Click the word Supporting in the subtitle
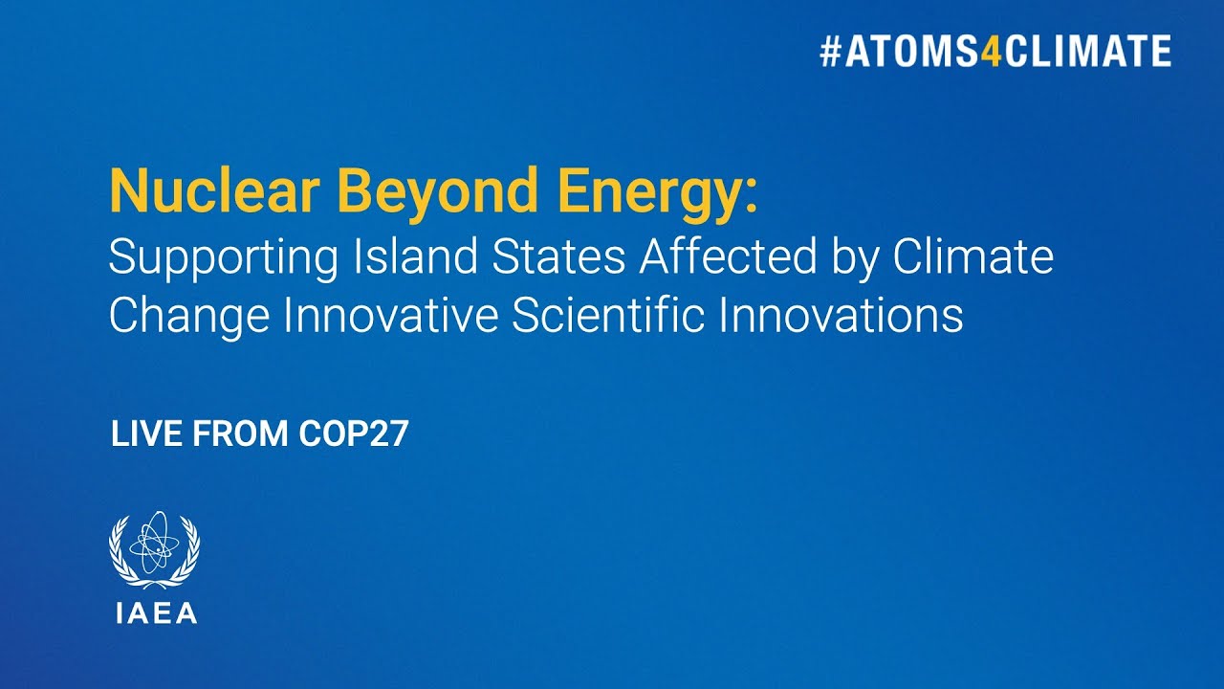click(224, 259)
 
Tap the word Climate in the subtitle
click(973, 257)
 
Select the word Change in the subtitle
click(189, 317)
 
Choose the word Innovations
click(841, 317)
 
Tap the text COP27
click(353, 434)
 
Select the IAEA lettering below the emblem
click(155, 613)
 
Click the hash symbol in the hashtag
click(829, 52)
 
